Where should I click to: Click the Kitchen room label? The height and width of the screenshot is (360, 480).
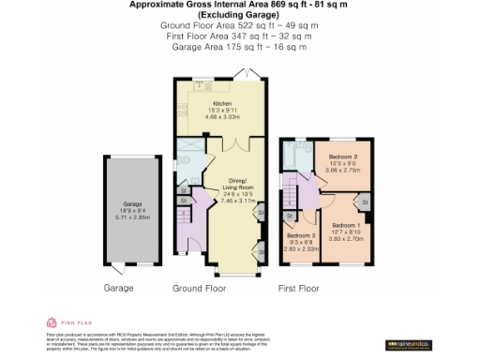tap(221, 104)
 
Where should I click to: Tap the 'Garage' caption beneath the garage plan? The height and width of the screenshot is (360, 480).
tap(118, 288)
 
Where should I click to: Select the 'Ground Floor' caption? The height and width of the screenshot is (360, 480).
tap(200, 288)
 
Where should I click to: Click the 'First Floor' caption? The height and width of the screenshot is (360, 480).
tap(300, 288)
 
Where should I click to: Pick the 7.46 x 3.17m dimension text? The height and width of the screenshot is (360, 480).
tap(236, 200)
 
